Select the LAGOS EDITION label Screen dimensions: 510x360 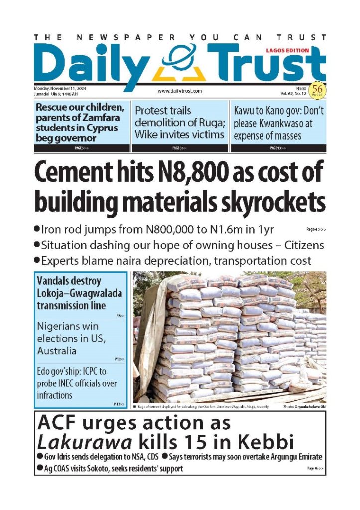[287, 50]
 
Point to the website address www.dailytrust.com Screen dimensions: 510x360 [180, 91]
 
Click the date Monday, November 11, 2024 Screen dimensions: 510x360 [58, 88]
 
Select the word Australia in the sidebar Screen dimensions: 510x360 [57, 351]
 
